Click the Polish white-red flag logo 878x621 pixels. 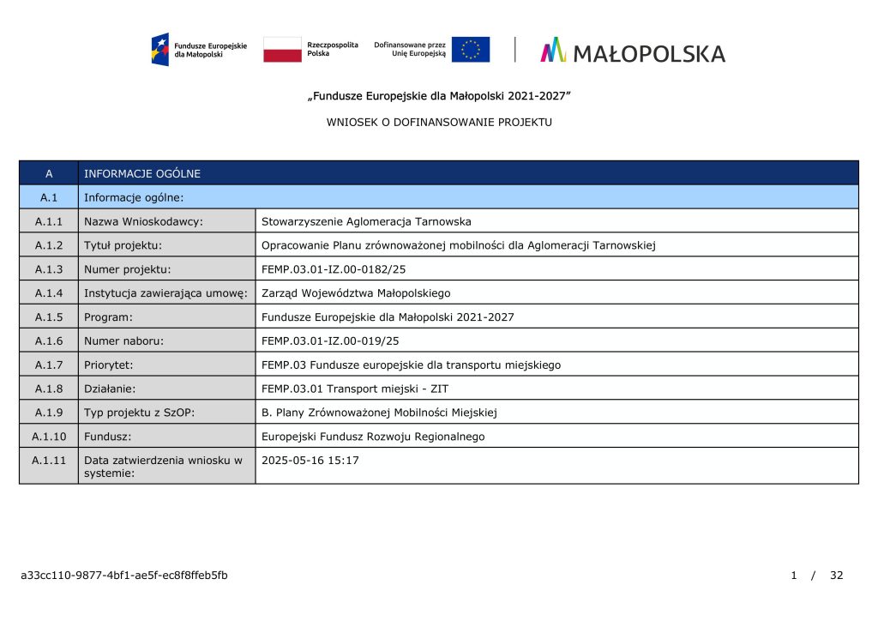(x=282, y=49)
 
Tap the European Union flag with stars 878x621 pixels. (x=471, y=49)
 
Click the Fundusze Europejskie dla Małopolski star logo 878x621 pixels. (x=160, y=49)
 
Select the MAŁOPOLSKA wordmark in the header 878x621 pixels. (x=648, y=54)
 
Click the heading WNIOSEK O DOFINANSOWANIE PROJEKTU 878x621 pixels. (x=439, y=123)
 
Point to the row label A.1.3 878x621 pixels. (x=49, y=269)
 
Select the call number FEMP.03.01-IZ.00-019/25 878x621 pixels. (x=330, y=341)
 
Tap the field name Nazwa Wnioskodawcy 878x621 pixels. (x=143, y=221)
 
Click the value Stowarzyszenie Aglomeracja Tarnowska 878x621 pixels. (x=366, y=221)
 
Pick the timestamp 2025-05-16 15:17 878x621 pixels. (x=310, y=461)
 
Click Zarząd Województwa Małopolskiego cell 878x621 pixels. (x=356, y=293)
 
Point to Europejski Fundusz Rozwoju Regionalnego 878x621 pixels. (x=373, y=437)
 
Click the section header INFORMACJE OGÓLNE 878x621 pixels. (x=142, y=173)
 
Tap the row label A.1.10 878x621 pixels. (x=49, y=437)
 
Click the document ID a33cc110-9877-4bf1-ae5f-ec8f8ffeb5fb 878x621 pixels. (x=124, y=575)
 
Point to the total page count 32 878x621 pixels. (x=837, y=575)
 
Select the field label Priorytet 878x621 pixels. (x=108, y=365)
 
